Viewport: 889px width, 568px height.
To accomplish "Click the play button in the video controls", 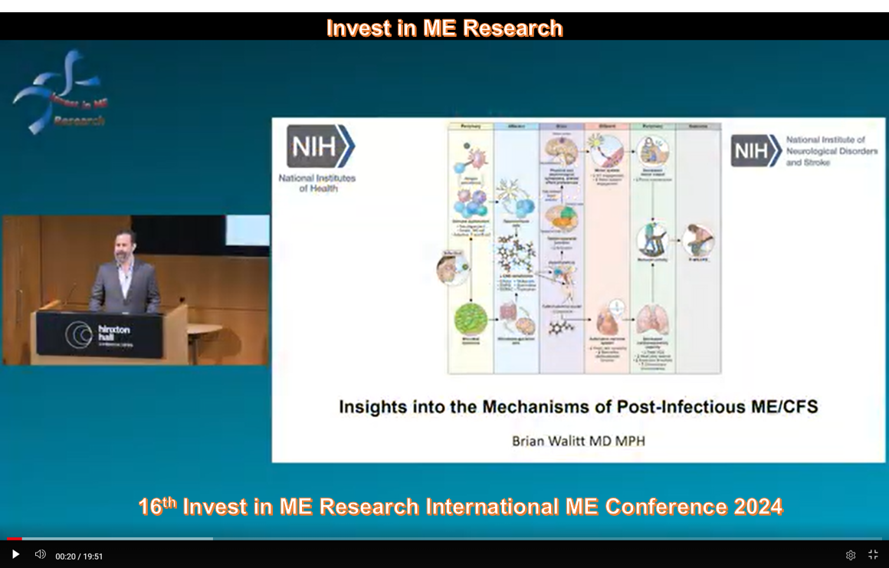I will pos(15,554).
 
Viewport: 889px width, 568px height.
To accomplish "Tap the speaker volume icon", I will pos(40,554).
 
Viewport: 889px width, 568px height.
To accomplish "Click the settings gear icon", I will pos(851,555).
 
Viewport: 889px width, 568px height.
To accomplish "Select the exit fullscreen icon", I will pos(873,554).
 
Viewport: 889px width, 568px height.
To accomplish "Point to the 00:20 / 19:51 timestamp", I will pos(79,557).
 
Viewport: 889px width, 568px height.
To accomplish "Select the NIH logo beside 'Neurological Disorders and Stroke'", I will pos(756,150).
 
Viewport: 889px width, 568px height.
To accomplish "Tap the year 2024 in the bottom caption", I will pos(758,507).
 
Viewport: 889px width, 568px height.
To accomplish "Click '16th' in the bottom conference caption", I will pos(157,507).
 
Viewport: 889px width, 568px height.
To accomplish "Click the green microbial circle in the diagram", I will pos(470,319).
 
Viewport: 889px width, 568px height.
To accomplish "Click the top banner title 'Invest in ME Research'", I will pos(444,28).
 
